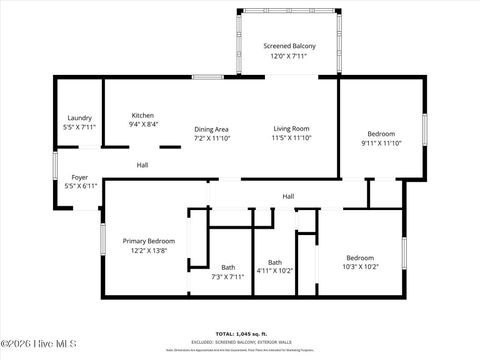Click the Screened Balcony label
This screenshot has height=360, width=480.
click(x=289, y=47)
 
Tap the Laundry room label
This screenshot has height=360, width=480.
click(x=79, y=118)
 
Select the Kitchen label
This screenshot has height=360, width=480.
click(x=142, y=116)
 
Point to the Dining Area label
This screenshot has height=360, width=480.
click(x=211, y=129)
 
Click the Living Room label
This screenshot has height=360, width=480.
click(x=292, y=128)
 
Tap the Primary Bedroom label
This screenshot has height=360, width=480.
click(x=149, y=241)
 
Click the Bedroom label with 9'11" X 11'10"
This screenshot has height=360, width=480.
click(x=380, y=134)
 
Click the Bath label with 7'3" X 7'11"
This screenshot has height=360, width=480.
click(x=228, y=267)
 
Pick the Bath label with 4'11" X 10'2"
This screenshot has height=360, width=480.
click(x=275, y=262)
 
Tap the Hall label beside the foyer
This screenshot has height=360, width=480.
click(x=143, y=165)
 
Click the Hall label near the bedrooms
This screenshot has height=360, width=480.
click(x=288, y=196)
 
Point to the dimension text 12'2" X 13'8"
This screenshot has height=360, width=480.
click(x=149, y=251)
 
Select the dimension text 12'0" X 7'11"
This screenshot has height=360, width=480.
click(x=289, y=57)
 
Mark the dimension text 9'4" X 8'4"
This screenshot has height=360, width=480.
click(x=142, y=126)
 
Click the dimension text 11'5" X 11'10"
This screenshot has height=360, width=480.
click(x=292, y=138)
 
